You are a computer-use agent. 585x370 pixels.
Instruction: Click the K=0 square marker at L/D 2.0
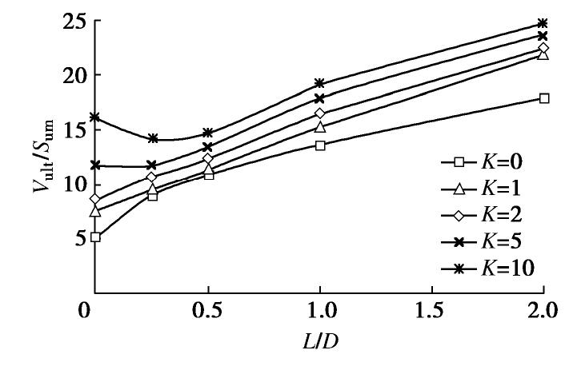pos(544,98)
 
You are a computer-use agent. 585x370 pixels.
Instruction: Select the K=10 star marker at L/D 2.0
pos(544,23)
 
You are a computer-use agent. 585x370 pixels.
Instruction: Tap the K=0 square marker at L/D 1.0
pos(320,145)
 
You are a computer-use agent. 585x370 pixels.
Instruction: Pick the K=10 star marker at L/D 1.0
pos(320,83)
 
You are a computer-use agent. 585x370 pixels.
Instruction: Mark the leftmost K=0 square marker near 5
pos(95,237)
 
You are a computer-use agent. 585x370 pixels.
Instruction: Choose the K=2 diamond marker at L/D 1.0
pos(320,113)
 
